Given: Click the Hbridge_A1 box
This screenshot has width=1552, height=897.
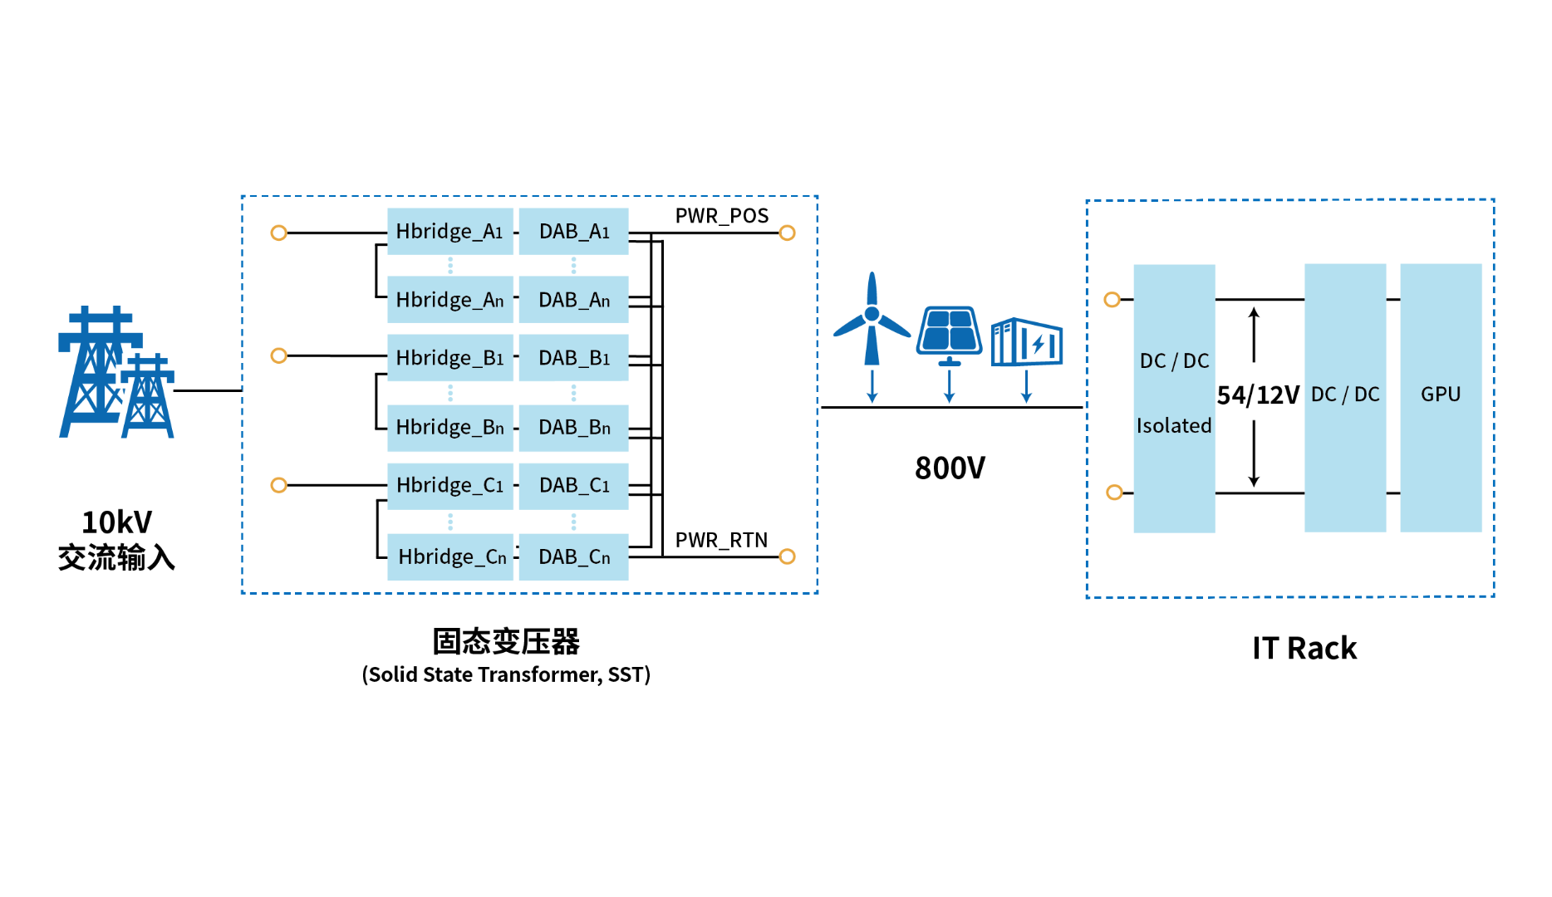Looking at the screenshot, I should (449, 231).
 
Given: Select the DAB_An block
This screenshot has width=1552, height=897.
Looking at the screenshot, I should (573, 300).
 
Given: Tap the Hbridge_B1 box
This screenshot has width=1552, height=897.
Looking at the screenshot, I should (449, 358).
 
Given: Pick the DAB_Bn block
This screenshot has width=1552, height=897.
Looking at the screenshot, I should (573, 428).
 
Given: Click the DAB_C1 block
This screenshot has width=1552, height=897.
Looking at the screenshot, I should (573, 485).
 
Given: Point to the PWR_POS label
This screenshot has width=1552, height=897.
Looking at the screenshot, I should (721, 216).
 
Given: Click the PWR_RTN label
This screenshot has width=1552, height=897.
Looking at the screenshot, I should (721, 541).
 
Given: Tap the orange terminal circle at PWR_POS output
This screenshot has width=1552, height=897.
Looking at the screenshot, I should (788, 233).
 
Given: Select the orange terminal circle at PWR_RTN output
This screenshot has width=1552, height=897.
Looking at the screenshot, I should (788, 556).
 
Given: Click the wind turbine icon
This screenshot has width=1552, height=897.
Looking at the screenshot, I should (872, 320).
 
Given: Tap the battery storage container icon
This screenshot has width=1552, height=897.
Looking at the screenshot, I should (1027, 341).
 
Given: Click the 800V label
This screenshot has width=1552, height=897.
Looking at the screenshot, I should (950, 468).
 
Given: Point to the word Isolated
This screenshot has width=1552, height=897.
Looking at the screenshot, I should (1174, 426).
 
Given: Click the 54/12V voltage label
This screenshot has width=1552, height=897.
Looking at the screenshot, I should (1258, 395).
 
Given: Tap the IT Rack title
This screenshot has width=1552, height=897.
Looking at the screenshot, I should (1304, 649).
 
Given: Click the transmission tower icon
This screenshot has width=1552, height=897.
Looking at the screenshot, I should (116, 374).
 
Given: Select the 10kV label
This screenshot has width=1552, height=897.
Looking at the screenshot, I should (117, 522).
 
